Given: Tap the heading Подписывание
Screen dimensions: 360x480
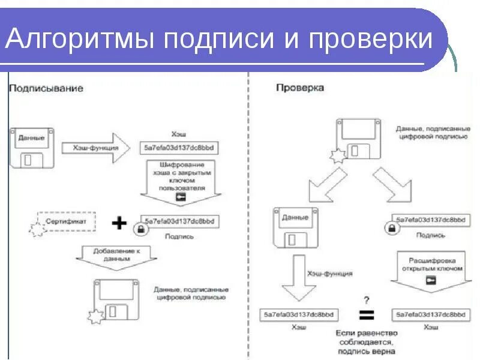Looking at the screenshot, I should point(46,88).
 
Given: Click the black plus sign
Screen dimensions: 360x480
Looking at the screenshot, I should point(120,223).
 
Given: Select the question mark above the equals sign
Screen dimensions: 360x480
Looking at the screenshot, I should point(366,298).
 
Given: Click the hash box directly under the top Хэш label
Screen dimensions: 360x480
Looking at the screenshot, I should point(178,147).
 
